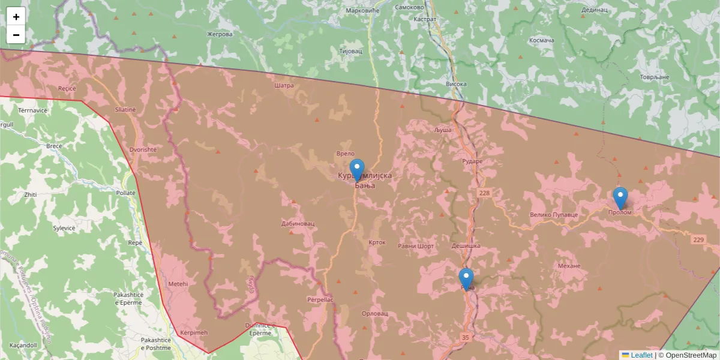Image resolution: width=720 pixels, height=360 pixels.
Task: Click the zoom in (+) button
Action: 16,17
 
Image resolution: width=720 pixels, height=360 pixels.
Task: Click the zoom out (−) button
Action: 16,35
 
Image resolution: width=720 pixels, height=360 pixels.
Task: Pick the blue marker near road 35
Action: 466,280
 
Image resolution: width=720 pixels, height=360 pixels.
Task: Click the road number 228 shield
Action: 484,193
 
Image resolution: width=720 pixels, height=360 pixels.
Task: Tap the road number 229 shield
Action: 698,240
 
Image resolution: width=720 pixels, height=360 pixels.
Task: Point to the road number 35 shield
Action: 466,337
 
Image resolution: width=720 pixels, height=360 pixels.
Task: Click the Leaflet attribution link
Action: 641,355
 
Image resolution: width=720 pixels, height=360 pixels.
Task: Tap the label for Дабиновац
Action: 298,224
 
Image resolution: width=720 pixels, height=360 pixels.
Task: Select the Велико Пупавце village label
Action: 553,214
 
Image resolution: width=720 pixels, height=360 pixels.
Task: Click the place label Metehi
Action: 178,284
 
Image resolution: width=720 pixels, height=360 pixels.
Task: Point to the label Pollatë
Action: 126,193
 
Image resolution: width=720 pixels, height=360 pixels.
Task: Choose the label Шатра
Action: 283,86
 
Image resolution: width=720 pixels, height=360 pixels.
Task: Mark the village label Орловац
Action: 376,314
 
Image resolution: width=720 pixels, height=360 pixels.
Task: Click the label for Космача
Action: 542,40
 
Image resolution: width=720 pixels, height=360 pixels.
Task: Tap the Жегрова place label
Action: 220,34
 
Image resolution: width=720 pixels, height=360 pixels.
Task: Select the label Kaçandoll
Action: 23,346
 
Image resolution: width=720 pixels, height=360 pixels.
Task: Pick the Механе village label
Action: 569,266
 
